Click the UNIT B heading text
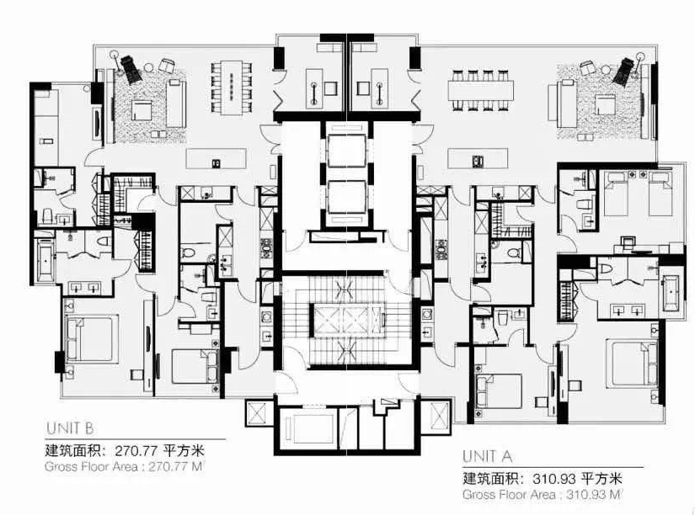(70, 428)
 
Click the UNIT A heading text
(487, 455)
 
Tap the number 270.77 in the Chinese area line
(136, 450)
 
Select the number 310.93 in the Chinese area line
(554, 478)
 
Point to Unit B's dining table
(232, 87)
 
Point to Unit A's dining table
(481, 90)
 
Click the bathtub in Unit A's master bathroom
(672, 292)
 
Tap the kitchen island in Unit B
(216, 158)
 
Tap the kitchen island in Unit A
(478, 158)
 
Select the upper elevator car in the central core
(346, 149)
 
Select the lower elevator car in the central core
(346, 197)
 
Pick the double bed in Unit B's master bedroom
(91, 339)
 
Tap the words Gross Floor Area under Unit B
(91, 467)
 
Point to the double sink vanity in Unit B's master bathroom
(84, 289)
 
